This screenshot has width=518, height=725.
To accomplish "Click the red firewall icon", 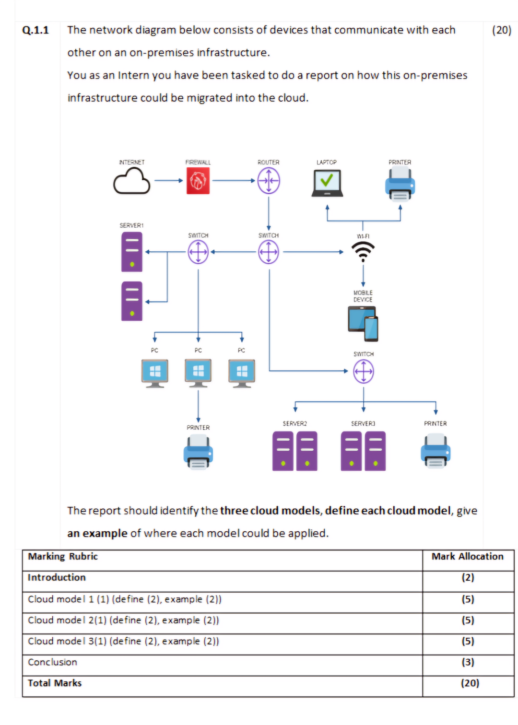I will click(x=198, y=181).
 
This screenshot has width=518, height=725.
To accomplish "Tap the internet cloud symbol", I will click(x=131, y=182).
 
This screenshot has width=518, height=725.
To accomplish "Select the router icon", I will click(x=269, y=181).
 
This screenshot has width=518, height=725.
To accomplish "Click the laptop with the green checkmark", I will click(x=327, y=183).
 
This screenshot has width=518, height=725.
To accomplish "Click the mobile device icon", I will click(x=363, y=323).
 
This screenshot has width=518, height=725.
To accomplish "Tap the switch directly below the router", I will click(x=269, y=252).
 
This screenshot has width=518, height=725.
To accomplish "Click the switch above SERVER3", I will click(x=364, y=371).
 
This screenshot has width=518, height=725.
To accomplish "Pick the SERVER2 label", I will click(x=294, y=423).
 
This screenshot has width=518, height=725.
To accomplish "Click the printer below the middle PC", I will click(x=198, y=451).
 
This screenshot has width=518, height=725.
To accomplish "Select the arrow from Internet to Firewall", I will click(x=168, y=181).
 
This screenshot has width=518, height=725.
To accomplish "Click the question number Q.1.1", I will click(x=35, y=30).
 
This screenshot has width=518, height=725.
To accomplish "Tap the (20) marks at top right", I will click(x=502, y=30).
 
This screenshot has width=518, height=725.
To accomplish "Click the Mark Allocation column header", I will click(x=467, y=556).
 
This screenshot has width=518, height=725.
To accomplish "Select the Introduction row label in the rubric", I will click(x=57, y=577).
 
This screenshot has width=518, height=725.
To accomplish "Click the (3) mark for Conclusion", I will click(x=468, y=662).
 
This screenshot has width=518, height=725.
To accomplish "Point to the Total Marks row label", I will click(x=55, y=683).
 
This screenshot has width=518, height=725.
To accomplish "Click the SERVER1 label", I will click(x=131, y=225).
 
